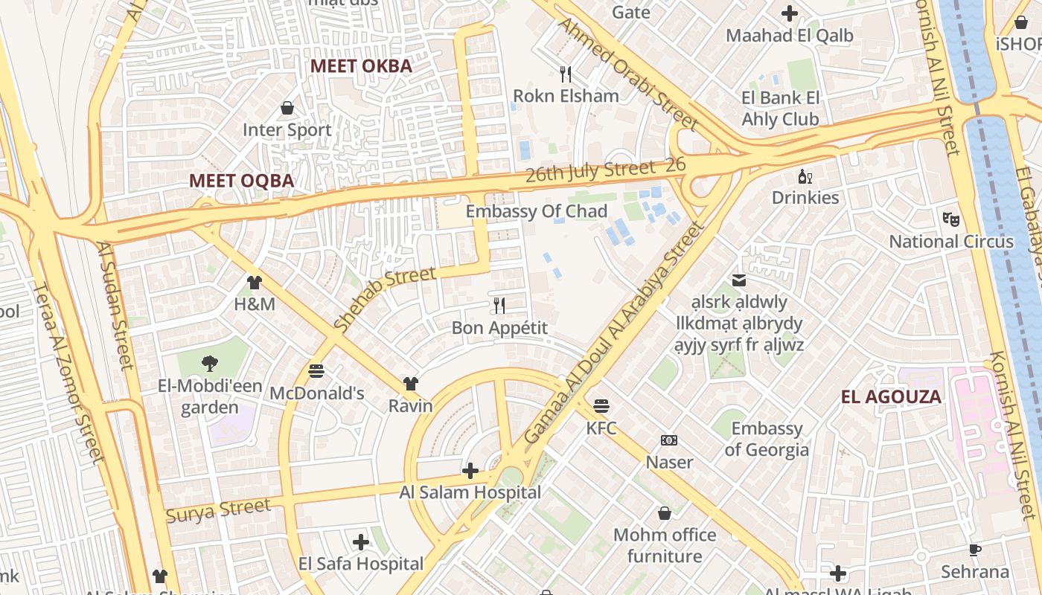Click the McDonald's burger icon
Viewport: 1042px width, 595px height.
316,370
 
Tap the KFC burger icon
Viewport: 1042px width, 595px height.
601,406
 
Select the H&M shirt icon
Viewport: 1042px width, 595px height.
255,283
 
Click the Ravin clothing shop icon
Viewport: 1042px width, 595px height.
410,384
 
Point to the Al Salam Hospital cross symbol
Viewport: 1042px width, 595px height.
470,471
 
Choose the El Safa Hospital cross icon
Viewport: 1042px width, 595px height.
361,542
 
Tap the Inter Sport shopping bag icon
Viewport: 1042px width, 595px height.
287,109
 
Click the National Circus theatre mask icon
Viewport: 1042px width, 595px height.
950,219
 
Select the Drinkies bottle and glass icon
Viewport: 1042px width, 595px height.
805,176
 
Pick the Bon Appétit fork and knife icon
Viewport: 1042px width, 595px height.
499,306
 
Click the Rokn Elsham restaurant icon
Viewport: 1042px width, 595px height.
566,74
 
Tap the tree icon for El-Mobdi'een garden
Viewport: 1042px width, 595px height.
210,364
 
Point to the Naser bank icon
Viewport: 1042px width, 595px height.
669,440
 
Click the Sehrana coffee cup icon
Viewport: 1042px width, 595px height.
974,550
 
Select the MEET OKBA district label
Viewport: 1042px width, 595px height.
361,65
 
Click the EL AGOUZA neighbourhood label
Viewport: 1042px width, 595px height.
891,396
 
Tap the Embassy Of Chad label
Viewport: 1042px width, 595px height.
537,211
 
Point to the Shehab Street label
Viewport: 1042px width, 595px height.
385,298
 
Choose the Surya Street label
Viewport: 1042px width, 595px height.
219,511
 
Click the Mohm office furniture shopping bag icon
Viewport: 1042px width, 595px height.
664,513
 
